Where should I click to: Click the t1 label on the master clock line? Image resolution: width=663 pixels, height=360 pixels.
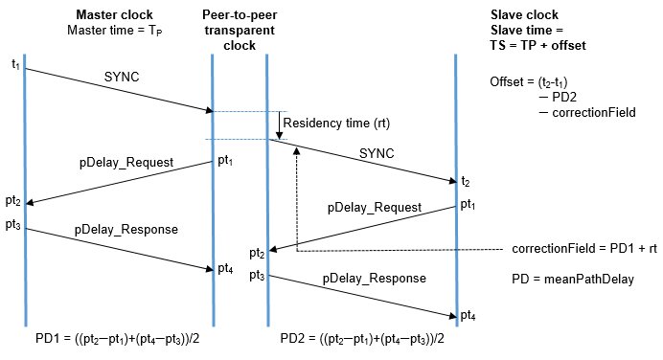(14, 64)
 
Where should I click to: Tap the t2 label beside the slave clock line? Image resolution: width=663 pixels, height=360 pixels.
(466, 181)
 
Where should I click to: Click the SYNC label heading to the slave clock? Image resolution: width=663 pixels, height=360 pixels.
(377, 152)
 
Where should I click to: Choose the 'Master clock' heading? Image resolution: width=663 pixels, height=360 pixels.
(109, 14)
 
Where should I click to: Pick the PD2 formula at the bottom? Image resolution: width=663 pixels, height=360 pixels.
(362, 338)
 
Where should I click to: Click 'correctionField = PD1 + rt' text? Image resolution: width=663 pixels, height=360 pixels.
(583, 249)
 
